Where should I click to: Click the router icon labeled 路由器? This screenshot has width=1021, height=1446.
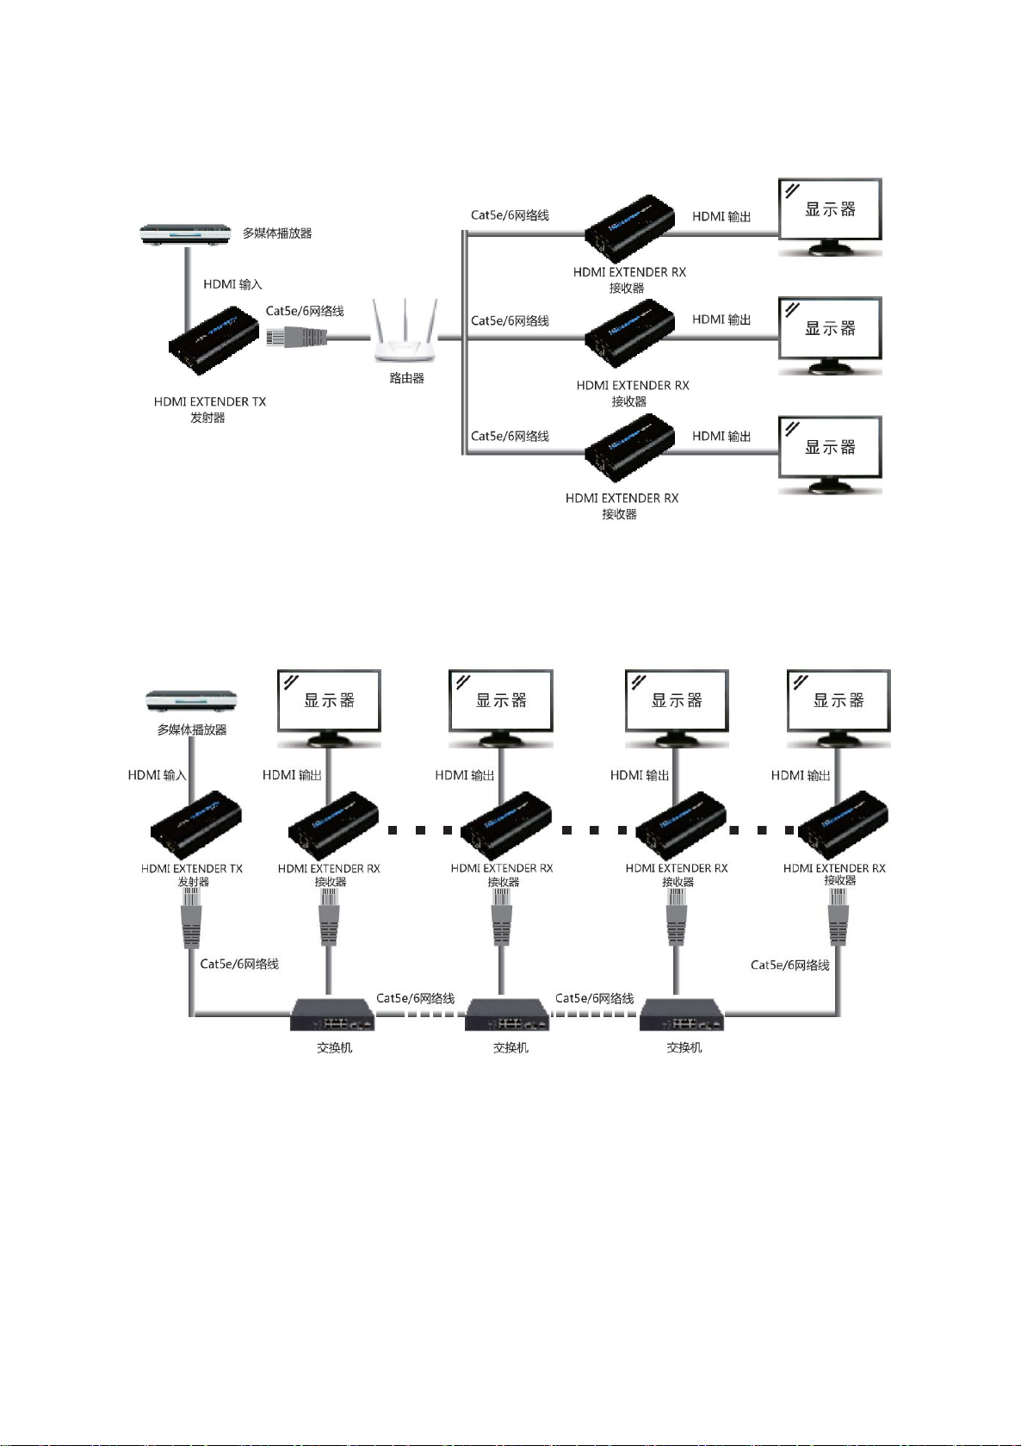coord(405,332)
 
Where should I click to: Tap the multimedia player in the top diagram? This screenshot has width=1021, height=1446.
coord(187,233)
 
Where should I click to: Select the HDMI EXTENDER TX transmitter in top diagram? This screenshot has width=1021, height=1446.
coord(213,339)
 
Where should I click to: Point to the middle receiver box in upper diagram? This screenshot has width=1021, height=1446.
coord(629,332)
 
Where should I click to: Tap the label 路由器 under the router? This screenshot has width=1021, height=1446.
coord(406,378)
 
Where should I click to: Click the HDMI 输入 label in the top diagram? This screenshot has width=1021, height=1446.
coord(232,284)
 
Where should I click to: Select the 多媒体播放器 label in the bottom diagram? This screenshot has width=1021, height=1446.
coord(192,729)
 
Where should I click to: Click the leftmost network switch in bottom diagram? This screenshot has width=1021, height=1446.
coord(333,1015)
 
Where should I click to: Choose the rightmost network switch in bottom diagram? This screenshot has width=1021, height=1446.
coord(682,1015)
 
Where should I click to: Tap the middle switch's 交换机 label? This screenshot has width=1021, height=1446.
coord(510,1047)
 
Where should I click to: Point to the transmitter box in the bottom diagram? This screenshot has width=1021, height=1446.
coord(195,822)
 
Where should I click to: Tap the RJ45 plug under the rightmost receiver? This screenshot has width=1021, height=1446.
coord(838,917)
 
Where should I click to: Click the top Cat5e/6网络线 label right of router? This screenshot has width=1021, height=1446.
coord(510,215)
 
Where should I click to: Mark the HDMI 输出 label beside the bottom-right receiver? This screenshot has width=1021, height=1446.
coord(801,775)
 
